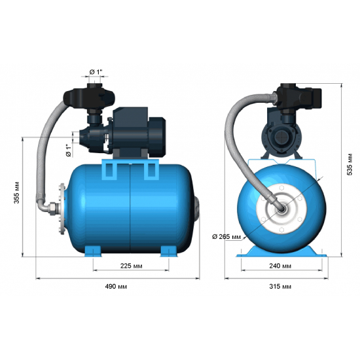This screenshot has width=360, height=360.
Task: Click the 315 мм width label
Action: point(280,287)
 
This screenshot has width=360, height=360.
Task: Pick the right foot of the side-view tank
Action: point(168,252)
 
